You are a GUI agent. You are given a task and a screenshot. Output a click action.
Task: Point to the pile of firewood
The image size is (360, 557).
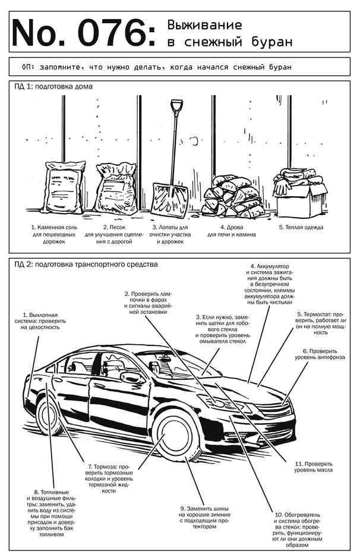click(229, 194)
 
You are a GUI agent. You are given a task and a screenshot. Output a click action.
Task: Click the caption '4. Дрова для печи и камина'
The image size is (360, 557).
click(232, 231)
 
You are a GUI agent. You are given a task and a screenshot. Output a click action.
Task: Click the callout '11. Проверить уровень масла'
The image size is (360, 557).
click(313, 466)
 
